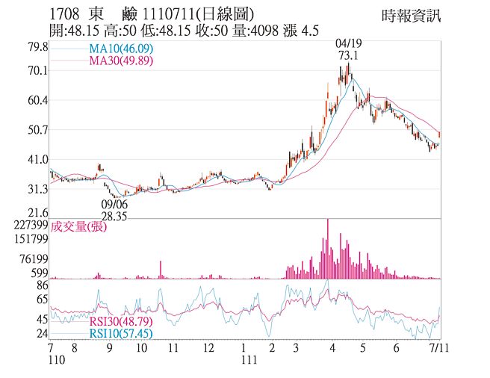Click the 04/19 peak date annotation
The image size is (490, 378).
click(x=347, y=44)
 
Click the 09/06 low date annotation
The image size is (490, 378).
click(x=114, y=203)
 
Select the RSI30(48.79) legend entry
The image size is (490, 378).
click(x=122, y=322)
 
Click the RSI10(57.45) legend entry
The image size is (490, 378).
click(x=122, y=333)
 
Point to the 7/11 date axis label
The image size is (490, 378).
click(x=438, y=348)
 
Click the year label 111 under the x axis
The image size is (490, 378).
click(x=249, y=359)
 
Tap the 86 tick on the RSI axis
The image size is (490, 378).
click(x=43, y=285)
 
